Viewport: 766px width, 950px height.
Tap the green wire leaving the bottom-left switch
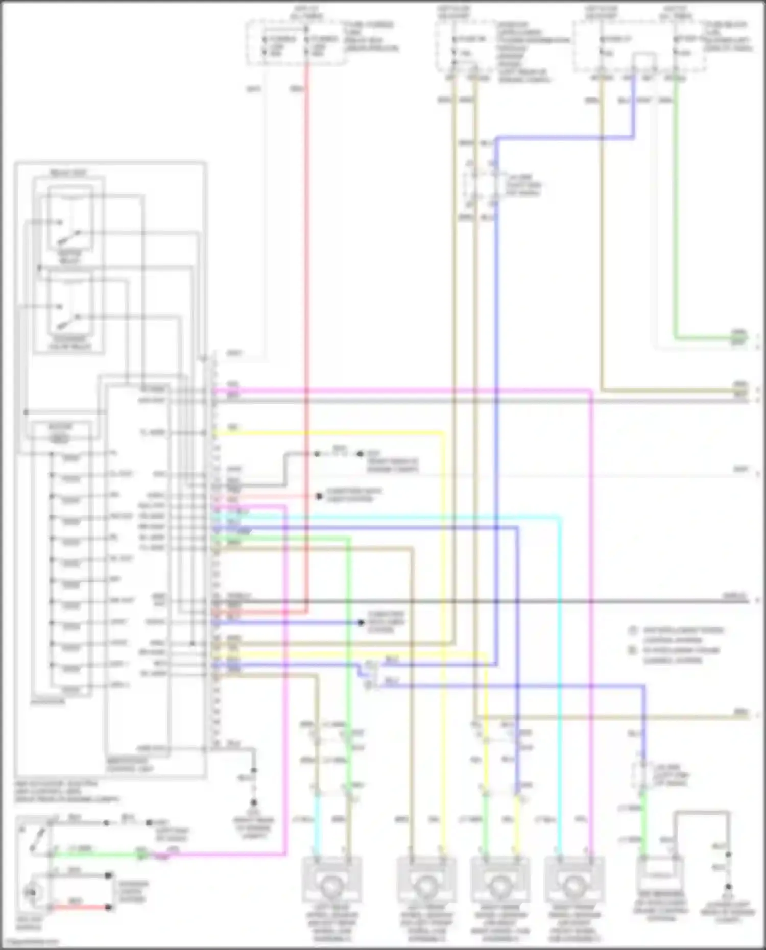click(92, 854)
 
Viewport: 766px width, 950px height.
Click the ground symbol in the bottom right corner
click(728, 888)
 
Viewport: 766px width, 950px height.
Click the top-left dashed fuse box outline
click(296, 43)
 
